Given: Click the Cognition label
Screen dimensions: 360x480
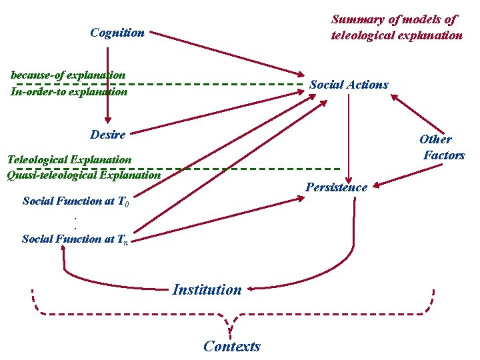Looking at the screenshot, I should coord(117,32).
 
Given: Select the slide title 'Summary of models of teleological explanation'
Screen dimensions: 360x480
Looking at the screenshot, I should coord(397,27).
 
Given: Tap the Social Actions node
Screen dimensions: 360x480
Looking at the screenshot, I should coord(349,85).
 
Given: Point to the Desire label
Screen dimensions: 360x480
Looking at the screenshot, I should coord(107,135).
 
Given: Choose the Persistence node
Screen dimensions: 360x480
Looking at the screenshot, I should coord(336,187).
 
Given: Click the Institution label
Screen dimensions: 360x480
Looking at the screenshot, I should coord(207,289).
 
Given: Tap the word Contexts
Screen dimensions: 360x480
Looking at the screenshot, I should coord(232,346).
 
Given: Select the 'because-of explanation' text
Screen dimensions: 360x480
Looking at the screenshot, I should coord(68,75).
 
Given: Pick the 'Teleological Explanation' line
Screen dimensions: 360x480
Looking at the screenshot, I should coord(69,159).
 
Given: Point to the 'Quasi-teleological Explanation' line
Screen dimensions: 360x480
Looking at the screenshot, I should coord(83,175).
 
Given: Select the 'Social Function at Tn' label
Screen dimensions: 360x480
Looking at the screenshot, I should coord(75,239).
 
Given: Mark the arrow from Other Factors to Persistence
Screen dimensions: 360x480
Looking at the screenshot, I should coord(407,175).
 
